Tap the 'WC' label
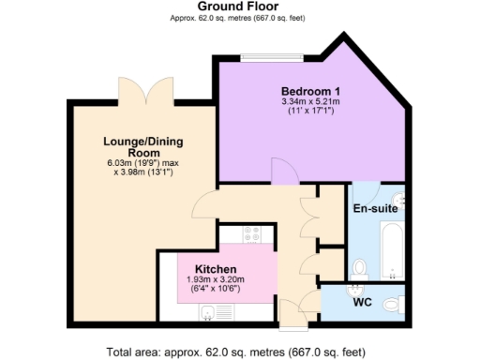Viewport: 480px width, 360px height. coord(363,304)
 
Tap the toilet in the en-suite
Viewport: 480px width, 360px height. coord(359,269)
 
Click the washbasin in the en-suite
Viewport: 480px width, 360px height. coord(399,198)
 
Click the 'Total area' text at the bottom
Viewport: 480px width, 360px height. coord(241,352)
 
